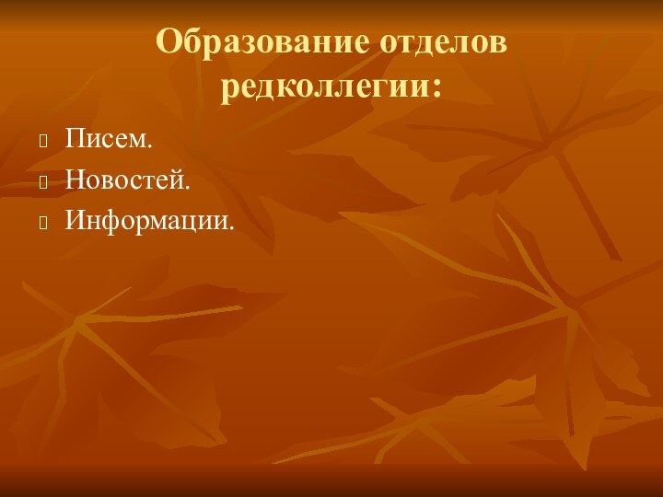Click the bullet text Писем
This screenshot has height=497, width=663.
click(109, 141)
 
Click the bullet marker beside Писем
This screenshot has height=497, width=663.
click(43, 142)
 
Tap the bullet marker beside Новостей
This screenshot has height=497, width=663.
click(43, 181)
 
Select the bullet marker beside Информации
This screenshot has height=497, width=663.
click(43, 222)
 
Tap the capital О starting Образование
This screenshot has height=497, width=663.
click(169, 42)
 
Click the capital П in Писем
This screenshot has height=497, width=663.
click(75, 141)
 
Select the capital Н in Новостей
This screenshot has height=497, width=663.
click(75, 180)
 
